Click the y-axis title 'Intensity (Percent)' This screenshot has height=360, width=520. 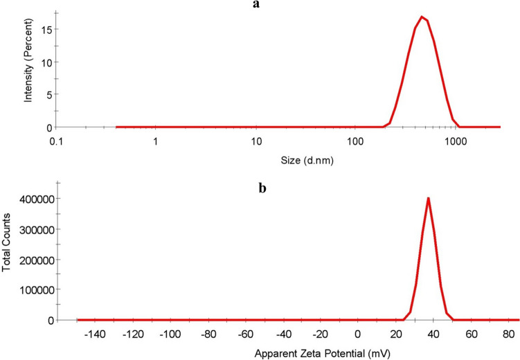click(28, 64)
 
